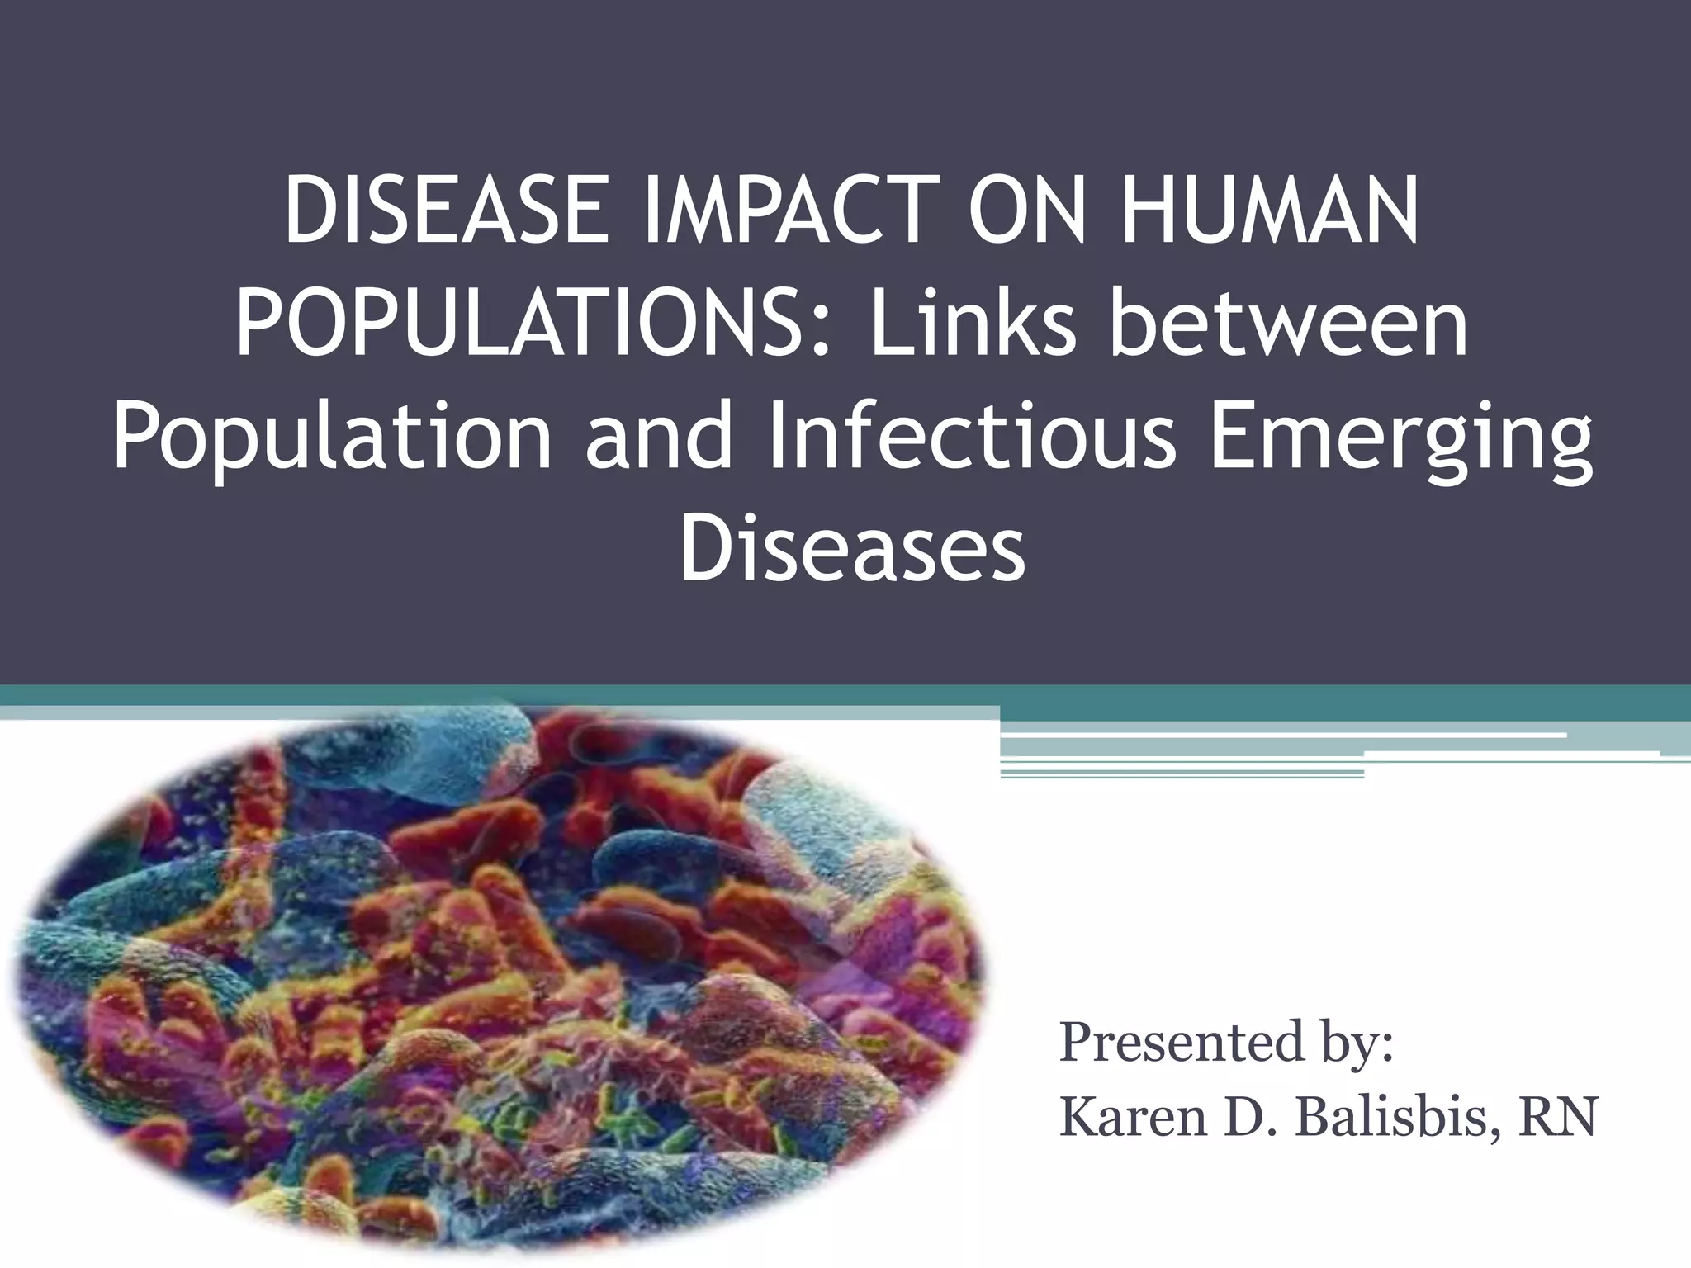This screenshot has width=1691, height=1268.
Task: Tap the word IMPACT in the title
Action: tap(792, 212)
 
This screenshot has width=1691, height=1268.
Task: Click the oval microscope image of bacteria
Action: tap(495, 974)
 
